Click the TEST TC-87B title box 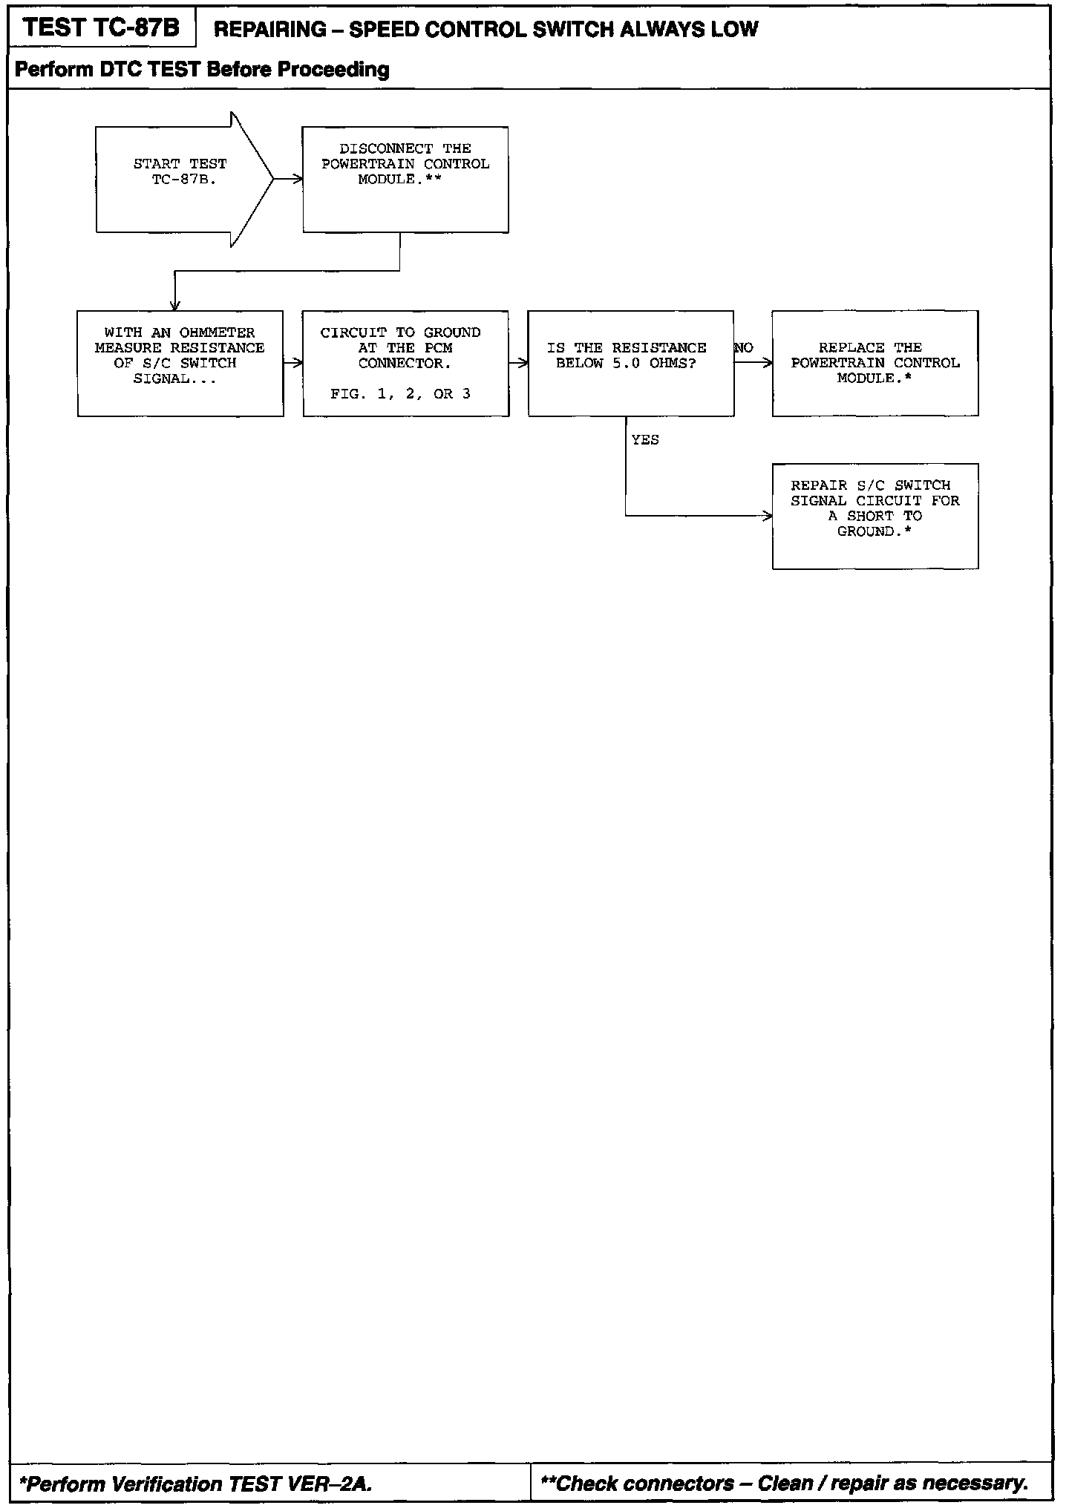coord(102,28)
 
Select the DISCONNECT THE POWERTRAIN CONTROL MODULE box coord(405,179)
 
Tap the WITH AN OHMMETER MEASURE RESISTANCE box coord(180,363)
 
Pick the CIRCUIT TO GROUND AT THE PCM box coord(405,363)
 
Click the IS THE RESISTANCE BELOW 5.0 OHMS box coord(630,363)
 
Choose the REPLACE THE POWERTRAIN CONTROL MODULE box coord(875,363)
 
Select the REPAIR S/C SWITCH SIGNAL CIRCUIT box coord(875,516)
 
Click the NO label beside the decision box coord(744,348)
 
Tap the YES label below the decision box coord(645,440)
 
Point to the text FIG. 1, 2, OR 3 coord(401,394)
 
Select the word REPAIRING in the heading coord(269,30)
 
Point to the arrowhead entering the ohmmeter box coord(175,305)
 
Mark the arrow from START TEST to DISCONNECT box coord(288,179)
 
